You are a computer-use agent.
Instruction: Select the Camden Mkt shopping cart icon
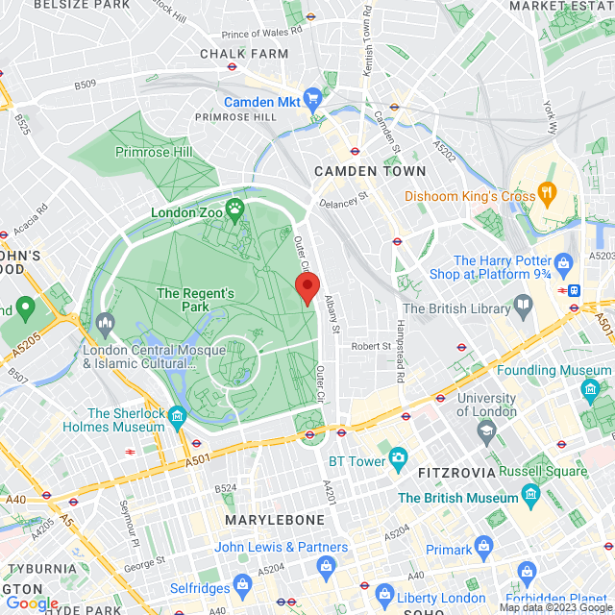tap(312, 99)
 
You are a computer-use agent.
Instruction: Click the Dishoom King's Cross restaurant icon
tap(548, 195)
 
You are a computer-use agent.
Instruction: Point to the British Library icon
tap(524, 307)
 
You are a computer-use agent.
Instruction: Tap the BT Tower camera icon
tap(398, 460)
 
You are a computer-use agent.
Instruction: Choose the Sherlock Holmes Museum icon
tap(177, 418)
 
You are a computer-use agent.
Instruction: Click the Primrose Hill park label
tap(154, 152)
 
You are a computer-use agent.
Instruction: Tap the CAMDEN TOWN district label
tap(370, 171)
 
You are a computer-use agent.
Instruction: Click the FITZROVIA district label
tap(455, 473)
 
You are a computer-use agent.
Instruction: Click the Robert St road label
tap(370, 346)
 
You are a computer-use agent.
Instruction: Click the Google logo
tap(32, 603)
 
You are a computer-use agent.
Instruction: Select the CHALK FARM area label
tap(244, 54)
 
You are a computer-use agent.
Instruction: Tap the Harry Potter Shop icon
tap(564, 261)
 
